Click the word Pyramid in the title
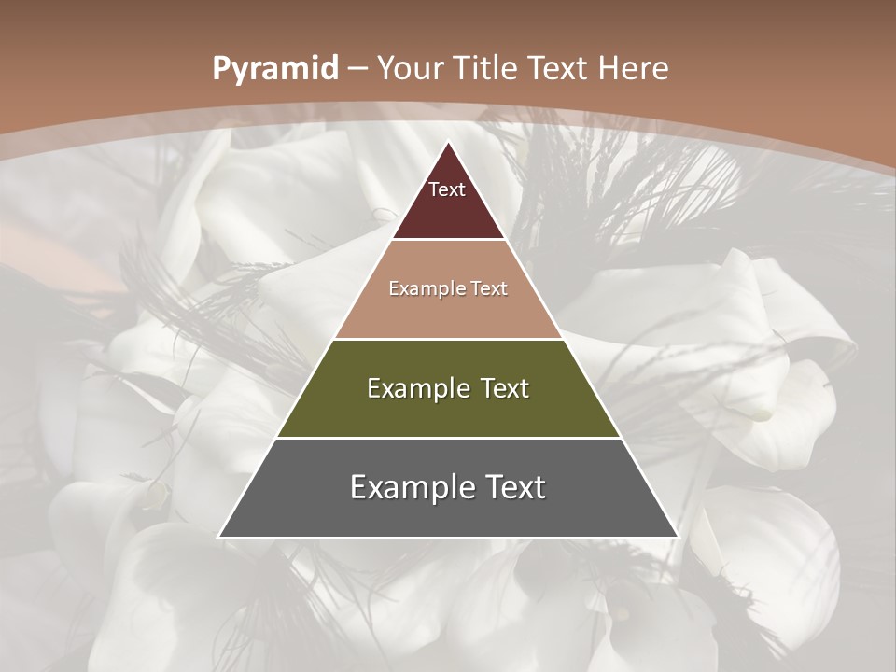pyautogui.click(x=274, y=68)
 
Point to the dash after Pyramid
pyautogui.click(x=358, y=68)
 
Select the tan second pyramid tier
pyautogui.click(x=448, y=313)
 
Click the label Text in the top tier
pyautogui.click(x=447, y=189)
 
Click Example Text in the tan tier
pyautogui.click(x=448, y=288)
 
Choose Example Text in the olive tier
pyautogui.click(x=448, y=388)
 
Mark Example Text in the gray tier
pyautogui.click(x=448, y=487)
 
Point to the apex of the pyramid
pyautogui.click(x=449, y=143)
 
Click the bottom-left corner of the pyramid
pyautogui.click(x=219, y=537)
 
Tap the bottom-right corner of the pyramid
pyautogui.click(x=677, y=537)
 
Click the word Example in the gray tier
pyautogui.click(x=409, y=487)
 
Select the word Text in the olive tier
pyautogui.click(x=500, y=388)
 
